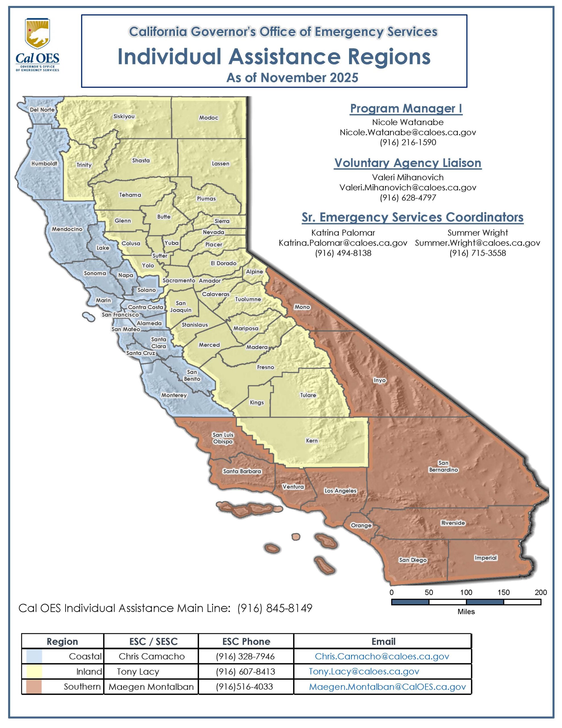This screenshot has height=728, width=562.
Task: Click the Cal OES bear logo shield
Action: pos(37,34)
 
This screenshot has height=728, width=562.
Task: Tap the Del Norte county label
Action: pos(42,110)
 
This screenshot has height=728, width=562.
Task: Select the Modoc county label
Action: pos(209,118)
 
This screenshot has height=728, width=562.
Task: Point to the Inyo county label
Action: pos(379,380)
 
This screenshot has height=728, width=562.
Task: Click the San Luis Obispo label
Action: pos(223,438)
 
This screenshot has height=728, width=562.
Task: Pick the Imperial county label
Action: pos(485,558)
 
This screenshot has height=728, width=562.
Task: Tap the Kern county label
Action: pos(311,441)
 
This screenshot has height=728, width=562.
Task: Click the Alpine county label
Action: pos(254,272)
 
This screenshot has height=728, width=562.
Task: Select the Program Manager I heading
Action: pos(406,109)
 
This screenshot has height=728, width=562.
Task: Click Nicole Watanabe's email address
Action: pos(407,132)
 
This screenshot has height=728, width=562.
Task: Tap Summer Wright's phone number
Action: pos(477,253)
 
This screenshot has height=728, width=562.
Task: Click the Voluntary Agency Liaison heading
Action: pos(407,163)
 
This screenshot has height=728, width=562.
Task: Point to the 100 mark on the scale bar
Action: pos(466,592)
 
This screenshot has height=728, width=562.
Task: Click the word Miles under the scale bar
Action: pos(466,612)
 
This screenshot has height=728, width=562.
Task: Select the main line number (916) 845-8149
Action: pos(274,608)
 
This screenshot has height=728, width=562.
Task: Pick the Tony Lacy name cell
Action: pos(138,671)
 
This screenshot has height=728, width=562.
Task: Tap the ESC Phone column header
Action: pos(246,642)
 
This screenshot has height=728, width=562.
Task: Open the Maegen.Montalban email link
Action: pos(387,687)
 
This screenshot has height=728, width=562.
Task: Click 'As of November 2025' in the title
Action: pos(292,78)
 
